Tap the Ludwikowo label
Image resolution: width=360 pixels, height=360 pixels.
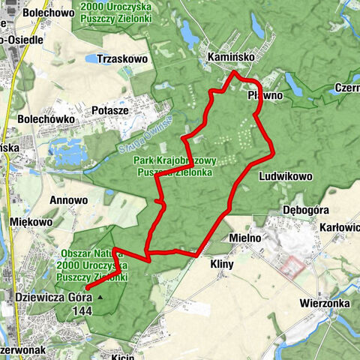284,176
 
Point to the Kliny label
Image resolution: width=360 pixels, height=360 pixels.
223,264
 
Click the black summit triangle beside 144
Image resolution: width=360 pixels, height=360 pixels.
100,297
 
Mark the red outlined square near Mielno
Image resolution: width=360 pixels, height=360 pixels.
294,266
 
